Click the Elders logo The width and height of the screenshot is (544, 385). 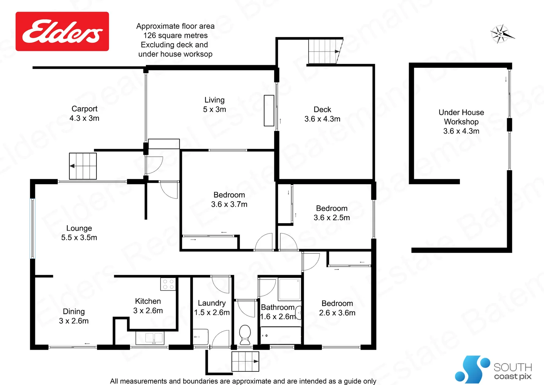point(62,31)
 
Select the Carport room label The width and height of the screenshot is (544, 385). point(84,113)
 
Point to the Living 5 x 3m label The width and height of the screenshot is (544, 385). point(214,105)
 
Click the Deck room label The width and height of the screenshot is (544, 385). point(322,114)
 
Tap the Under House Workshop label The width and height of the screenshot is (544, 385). point(461,122)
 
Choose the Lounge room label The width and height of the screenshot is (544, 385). point(79,233)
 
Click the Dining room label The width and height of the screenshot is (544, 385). point(74,316)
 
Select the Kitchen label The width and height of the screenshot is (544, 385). point(148,306)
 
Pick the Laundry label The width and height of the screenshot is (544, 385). point(212,308)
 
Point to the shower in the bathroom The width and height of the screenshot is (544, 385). point(289,289)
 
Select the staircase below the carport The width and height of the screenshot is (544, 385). point(83,166)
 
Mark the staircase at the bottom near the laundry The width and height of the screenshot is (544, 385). point(245,361)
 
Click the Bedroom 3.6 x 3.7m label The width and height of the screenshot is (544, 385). point(229,200)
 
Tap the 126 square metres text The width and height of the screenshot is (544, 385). point(176,36)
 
